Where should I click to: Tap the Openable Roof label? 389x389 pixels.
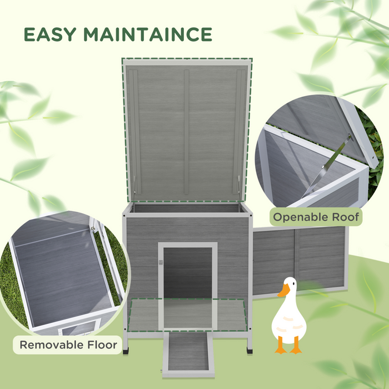tap(315, 216)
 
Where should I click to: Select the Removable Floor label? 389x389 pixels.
tap(69, 345)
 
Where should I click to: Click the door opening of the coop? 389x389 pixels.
tap(187, 272)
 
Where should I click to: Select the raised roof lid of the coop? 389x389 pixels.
tap(186, 131)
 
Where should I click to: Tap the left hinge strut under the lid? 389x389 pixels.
tap(133, 189)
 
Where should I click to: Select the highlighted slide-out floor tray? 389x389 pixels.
tap(187, 315)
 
